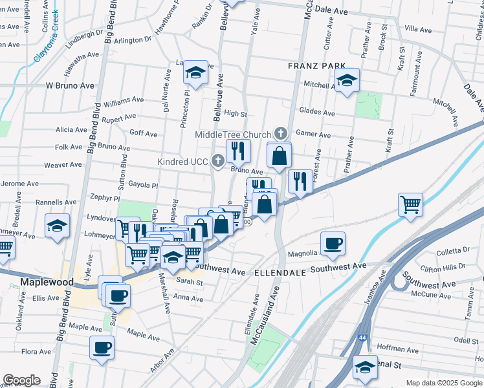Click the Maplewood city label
click(47, 282)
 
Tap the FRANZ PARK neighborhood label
click(317, 66)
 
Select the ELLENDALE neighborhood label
click(280, 273)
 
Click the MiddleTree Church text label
click(233, 134)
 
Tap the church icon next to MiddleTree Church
click(280, 133)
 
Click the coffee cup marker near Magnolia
click(333, 244)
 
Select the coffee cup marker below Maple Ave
click(102, 347)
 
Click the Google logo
click(21, 380)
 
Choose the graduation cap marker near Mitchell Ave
click(347, 81)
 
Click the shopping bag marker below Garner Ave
click(280, 156)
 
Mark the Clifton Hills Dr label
click(443, 266)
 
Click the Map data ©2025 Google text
click(444, 383)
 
